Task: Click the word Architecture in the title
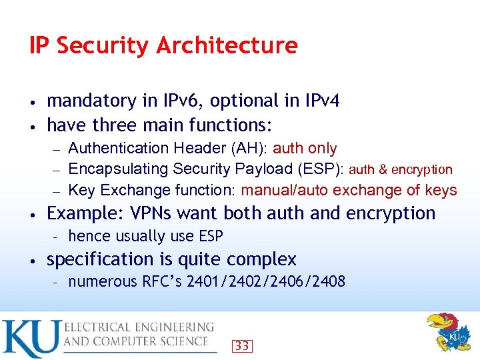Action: pos(227,46)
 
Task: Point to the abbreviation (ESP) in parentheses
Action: pos(323,169)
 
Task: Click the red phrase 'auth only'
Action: pos(305,148)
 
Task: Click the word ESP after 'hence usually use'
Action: pos(209,236)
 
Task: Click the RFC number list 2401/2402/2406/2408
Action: pos(266,281)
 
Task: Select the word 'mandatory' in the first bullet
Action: pos(91,101)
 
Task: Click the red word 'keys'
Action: pos(441,191)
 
